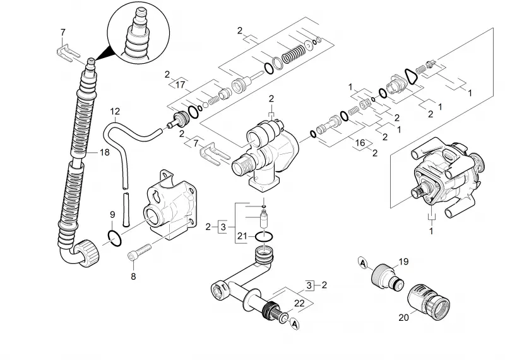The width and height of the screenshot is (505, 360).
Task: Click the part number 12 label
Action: pyautogui.click(x=115, y=112)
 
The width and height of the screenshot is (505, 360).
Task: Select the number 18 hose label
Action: pyautogui.click(x=105, y=152)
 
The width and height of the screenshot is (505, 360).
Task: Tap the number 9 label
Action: pyautogui.click(x=112, y=215)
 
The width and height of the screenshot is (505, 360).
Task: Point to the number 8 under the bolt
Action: pyautogui.click(x=133, y=276)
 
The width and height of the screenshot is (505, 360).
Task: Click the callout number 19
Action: pyautogui.click(x=403, y=261)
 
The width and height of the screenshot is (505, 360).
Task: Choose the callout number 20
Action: pyautogui.click(x=403, y=318)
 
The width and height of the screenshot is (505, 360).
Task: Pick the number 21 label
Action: pyautogui.click(x=242, y=236)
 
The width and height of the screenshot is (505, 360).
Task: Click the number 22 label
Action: pyautogui.click(x=299, y=303)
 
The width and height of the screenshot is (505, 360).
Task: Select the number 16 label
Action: pyautogui.click(x=360, y=143)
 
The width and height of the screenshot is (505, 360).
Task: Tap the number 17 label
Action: pyautogui.click(x=181, y=85)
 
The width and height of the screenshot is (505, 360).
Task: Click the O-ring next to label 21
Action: pyautogui.click(x=264, y=237)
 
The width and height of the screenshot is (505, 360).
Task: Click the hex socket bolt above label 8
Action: pyautogui.click(x=140, y=253)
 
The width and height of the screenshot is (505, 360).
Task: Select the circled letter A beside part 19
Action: pyautogui.click(x=363, y=263)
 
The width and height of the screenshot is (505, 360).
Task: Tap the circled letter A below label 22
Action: pyautogui.click(x=294, y=324)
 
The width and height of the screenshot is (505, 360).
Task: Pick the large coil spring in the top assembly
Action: pyautogui.click(x=294, y=54)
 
